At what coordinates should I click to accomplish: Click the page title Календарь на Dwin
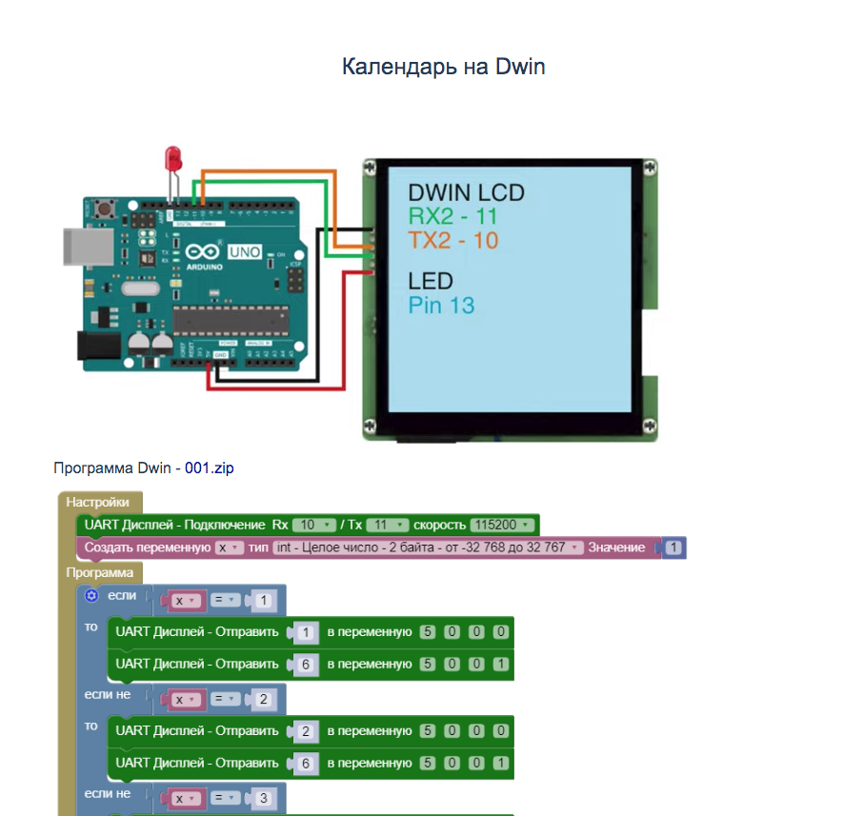pos(443,67)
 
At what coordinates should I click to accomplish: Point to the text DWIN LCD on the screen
pos(466,193)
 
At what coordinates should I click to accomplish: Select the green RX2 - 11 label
pos(452,217)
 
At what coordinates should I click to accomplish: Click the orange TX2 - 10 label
pos(452,241)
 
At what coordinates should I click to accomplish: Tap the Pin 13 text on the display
pos(441,306)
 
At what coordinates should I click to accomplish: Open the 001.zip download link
pos(209,468)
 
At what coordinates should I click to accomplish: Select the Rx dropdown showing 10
pos(314,525)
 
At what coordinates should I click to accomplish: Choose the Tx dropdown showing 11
pos(387,525)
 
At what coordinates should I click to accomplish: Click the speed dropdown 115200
pos(501,525)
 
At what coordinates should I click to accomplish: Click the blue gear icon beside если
pos(91,595)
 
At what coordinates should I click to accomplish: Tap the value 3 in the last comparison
pos(265,798)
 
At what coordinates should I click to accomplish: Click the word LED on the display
pos(431,281)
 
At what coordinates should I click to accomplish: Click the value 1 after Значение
pos(673,547)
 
